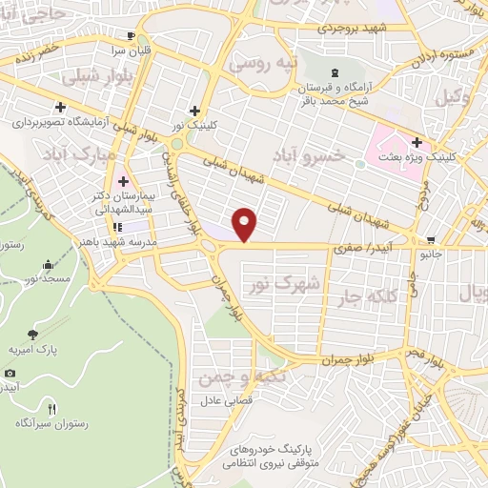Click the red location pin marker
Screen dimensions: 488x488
245,224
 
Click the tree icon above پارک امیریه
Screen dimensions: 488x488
33,335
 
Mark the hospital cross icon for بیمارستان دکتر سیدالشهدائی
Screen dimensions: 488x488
122,182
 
